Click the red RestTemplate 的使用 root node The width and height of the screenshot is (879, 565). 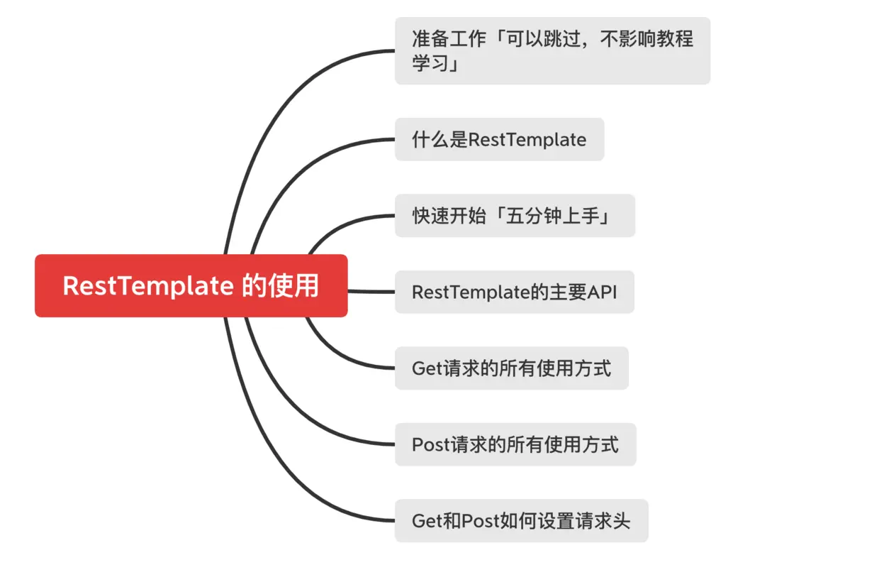pos(191,285)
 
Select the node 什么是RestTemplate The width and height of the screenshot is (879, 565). pos(499,139)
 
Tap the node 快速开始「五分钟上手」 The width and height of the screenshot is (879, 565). pos(515,215)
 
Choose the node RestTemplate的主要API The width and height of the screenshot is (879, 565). pos(514,292)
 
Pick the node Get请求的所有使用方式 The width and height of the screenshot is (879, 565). pos(511,368)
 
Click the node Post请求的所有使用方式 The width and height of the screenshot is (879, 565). pos(515,444)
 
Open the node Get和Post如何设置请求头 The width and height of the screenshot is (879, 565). pos(521,520)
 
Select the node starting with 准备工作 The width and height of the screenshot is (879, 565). pos(552,50)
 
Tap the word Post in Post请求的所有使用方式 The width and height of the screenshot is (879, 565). pos(428,444)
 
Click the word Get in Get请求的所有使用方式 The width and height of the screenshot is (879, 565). pos(427,368)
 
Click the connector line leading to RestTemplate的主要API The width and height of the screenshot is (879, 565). pos(371,292)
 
